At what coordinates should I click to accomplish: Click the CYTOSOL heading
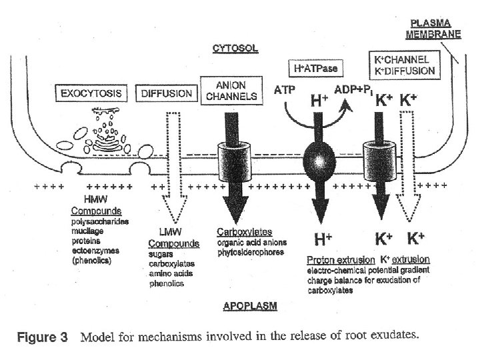click(234, 48)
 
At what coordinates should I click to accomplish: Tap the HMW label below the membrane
click(93, 200)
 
